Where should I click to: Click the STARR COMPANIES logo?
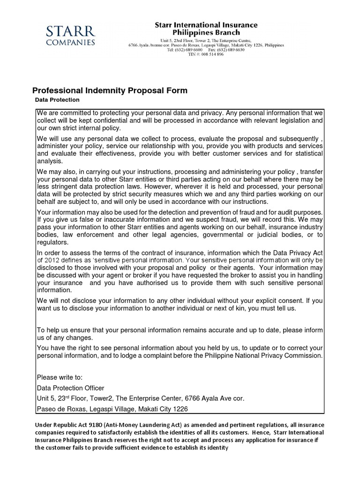[71, 36]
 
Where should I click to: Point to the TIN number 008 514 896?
[213, 54]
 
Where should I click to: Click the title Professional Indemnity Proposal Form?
[109, 90]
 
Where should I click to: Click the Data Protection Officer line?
[70, 388]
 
